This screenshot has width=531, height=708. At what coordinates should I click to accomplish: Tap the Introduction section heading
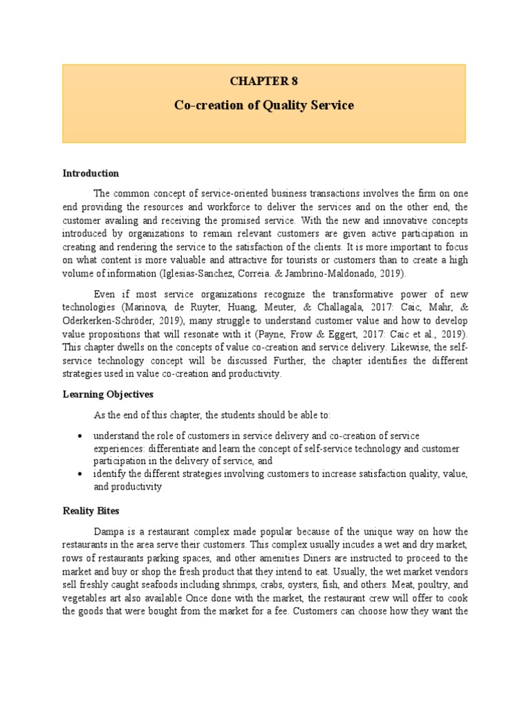pyautogui.click(x=91, y=173)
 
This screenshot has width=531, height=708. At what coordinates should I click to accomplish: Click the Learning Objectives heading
pyautogui.click(x=108, y=394)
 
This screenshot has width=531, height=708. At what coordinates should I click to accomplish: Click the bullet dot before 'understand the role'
pyautogui.click(x=82, y=436)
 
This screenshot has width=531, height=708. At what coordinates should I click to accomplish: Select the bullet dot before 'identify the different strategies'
pyautogui.click(x=82, y=474)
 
